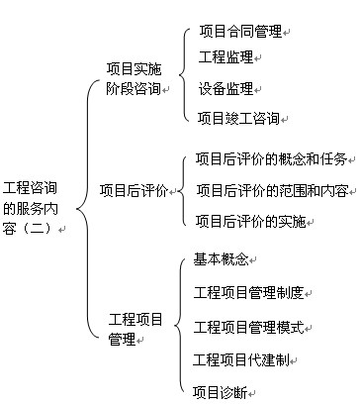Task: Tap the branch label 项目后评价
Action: [134, 189]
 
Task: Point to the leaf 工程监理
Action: [225, 57]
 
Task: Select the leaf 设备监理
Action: [225, 88]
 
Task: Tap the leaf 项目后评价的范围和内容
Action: [271, 189]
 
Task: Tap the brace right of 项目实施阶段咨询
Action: [185, 75]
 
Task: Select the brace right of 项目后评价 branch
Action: [184, 189]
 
